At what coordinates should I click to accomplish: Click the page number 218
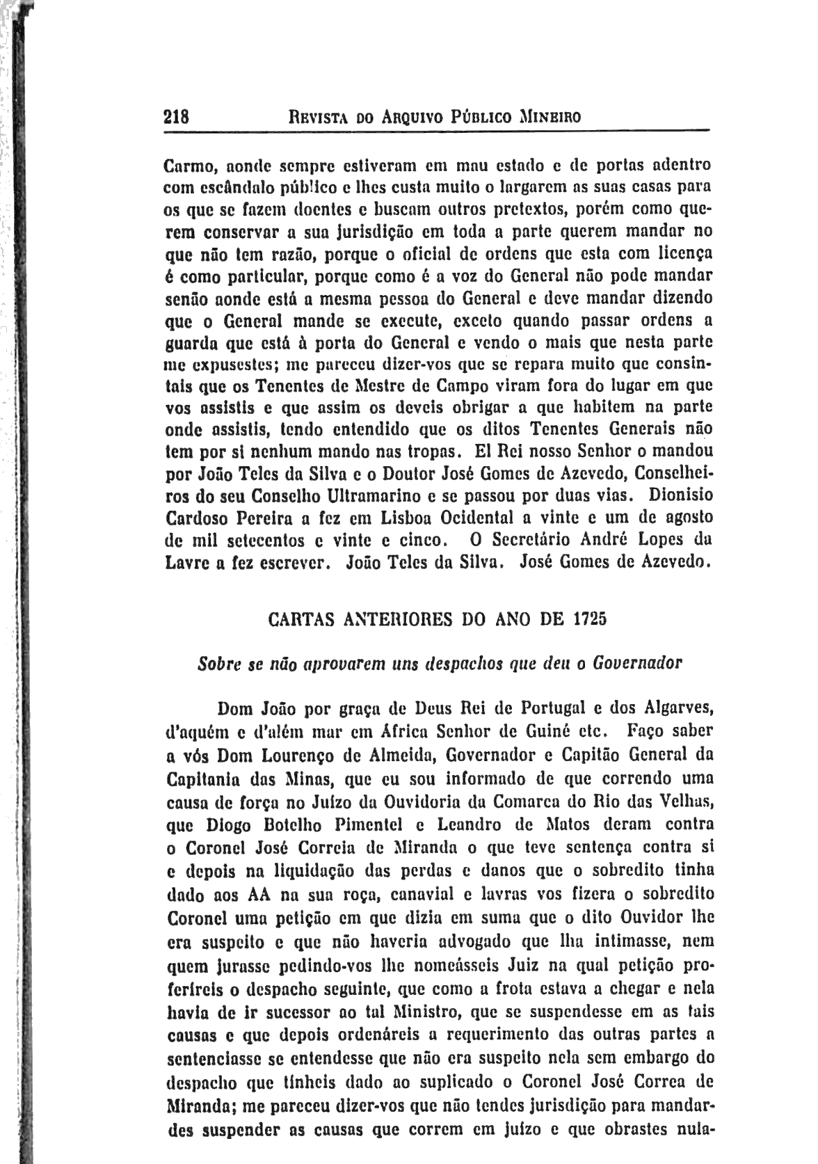177,116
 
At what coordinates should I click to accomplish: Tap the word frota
517,988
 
